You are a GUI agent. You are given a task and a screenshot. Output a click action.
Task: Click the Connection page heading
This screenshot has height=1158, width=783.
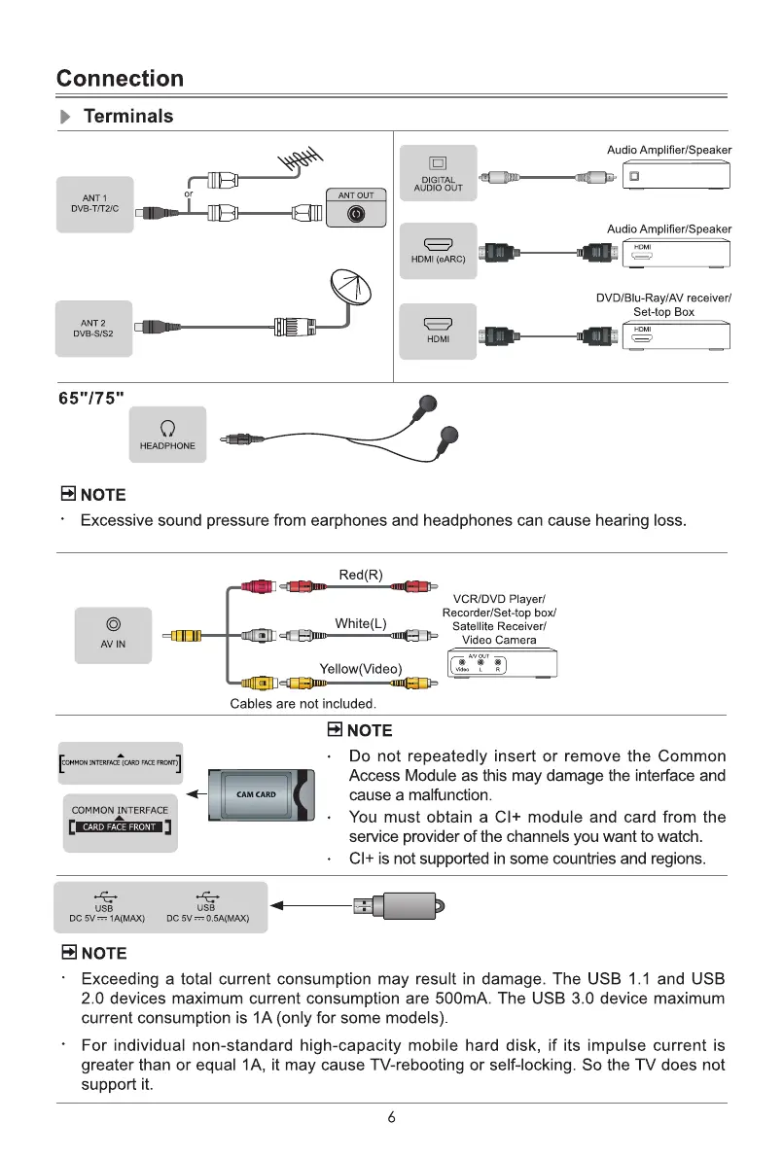pyautogui.click(x=120, y=79)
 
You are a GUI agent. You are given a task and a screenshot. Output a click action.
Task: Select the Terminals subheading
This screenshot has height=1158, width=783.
pyautogui.click(x=128, y=117)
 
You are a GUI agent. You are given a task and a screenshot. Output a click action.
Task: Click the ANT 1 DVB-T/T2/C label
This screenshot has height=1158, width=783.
pyautogui.click(x=94, y=204)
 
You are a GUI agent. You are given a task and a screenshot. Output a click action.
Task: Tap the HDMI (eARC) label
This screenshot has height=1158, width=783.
pyautogui.click(x=438, y=259)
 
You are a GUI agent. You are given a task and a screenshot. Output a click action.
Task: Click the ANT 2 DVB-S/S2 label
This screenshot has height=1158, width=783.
pyautogui.click(x=93, y=329)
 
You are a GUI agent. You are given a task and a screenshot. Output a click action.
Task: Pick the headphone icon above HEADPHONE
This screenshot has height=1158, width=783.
pyautogui.click(x=167, y=428)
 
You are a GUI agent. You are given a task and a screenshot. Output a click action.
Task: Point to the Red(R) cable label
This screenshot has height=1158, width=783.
pyautogui.click(x=361, y=576)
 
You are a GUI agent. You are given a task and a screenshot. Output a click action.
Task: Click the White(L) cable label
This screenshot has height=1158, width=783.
pyautogui.click(x=361, y=623)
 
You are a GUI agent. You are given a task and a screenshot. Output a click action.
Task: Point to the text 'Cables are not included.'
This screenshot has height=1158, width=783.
pyautogui.click(x=303, y=703)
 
